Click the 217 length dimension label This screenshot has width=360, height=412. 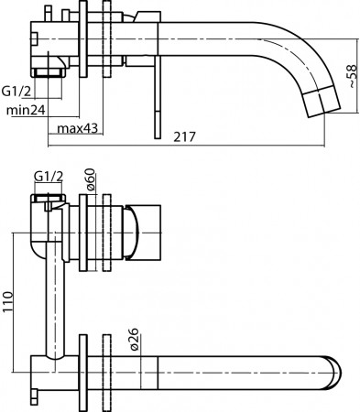point(184,137)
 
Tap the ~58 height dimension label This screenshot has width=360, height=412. point(352,76)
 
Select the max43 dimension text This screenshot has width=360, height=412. point(78,128)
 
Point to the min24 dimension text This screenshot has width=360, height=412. point(26,110)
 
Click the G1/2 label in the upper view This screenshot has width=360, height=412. point(16,91)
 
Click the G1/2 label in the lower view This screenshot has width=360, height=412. point(49,176)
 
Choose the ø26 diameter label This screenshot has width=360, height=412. point(134,339)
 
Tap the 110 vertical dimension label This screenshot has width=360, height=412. point(7,302)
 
